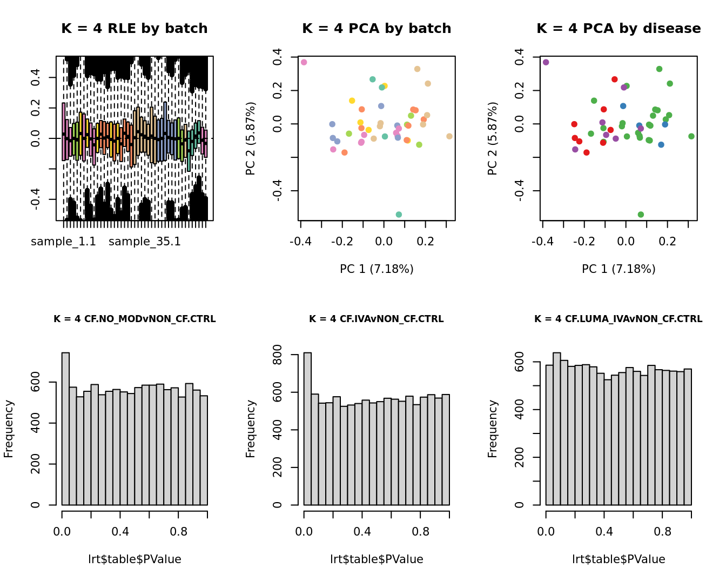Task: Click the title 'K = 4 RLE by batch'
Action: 135,29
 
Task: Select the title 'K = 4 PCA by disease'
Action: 619,29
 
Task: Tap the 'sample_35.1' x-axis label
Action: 145,242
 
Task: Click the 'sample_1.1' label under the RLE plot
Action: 63,242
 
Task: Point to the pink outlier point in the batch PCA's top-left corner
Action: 304,63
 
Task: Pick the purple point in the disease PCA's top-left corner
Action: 546,63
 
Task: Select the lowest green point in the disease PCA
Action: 641,215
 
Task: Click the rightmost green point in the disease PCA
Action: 691,136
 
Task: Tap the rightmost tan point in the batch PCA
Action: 449,136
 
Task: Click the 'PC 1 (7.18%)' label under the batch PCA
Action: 377,269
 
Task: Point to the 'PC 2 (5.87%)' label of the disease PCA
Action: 492,138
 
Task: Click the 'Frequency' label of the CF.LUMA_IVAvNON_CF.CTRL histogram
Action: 492,429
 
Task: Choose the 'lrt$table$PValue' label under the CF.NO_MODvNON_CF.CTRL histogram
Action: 135,559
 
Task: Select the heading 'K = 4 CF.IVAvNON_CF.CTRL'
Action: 377,319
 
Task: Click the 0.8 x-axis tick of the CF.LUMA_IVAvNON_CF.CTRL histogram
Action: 663,532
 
